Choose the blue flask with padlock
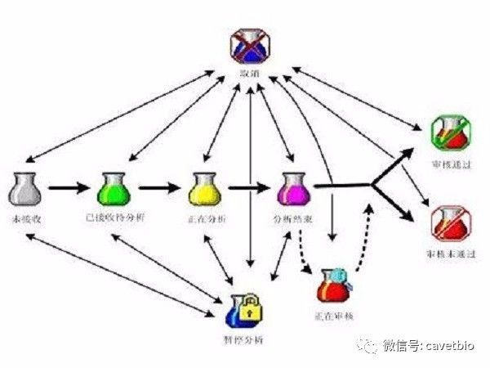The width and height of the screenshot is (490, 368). [245, 310]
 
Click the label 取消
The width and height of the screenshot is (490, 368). [247, 74]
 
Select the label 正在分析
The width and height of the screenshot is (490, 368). [206, 220]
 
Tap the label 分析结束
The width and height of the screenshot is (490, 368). [292, 220]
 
